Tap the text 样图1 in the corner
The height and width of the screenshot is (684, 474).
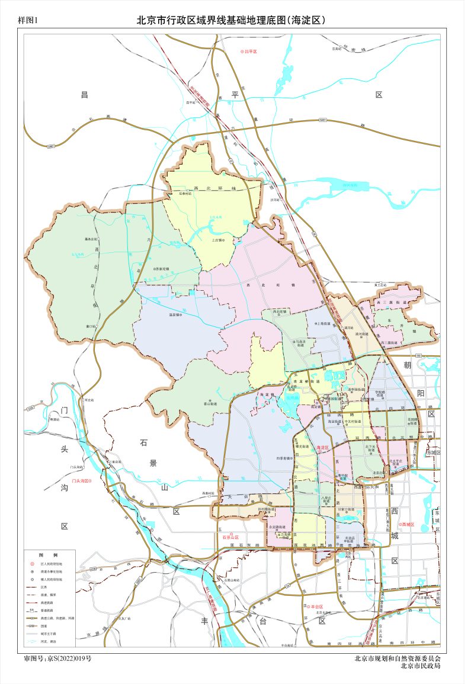click(x=28, y=20)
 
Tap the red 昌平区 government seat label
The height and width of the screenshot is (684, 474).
click(x=252, y=52)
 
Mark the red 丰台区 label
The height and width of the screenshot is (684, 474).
click(x=315, y=606)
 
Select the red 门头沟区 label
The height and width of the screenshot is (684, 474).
click(x=82, y=481)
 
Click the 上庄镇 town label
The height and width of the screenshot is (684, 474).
click(x=216, y=240)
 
